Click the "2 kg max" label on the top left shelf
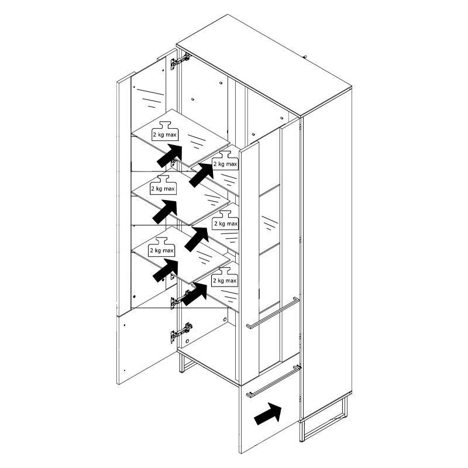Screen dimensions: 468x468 (x=164, y=135)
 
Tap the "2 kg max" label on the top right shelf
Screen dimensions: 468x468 (x=225, y=164)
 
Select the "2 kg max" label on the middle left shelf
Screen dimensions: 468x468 (x=163, y=188)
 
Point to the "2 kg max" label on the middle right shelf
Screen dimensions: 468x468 (x=226, y=223)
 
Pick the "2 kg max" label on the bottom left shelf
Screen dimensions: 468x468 (x=161, y=250)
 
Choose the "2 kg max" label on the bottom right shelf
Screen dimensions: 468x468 (x=225, y=281)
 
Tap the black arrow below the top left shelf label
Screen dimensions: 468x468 (x=169, y=156)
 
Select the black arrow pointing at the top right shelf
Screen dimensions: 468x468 (x=201, y=175)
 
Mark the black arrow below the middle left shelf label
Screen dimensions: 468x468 (x=164, y=212)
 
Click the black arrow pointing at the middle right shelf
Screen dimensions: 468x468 (x=197, y=239)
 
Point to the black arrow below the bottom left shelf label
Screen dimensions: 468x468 (x=166, y=270)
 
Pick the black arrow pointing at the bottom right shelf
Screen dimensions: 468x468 (x=194, y=294)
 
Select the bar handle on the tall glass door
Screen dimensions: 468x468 (x=273, y=313)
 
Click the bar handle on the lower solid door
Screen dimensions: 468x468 (x=273, y=381)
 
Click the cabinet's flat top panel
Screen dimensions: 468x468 (x=264, y=66)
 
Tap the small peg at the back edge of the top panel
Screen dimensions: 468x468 (x=305, y=56)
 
